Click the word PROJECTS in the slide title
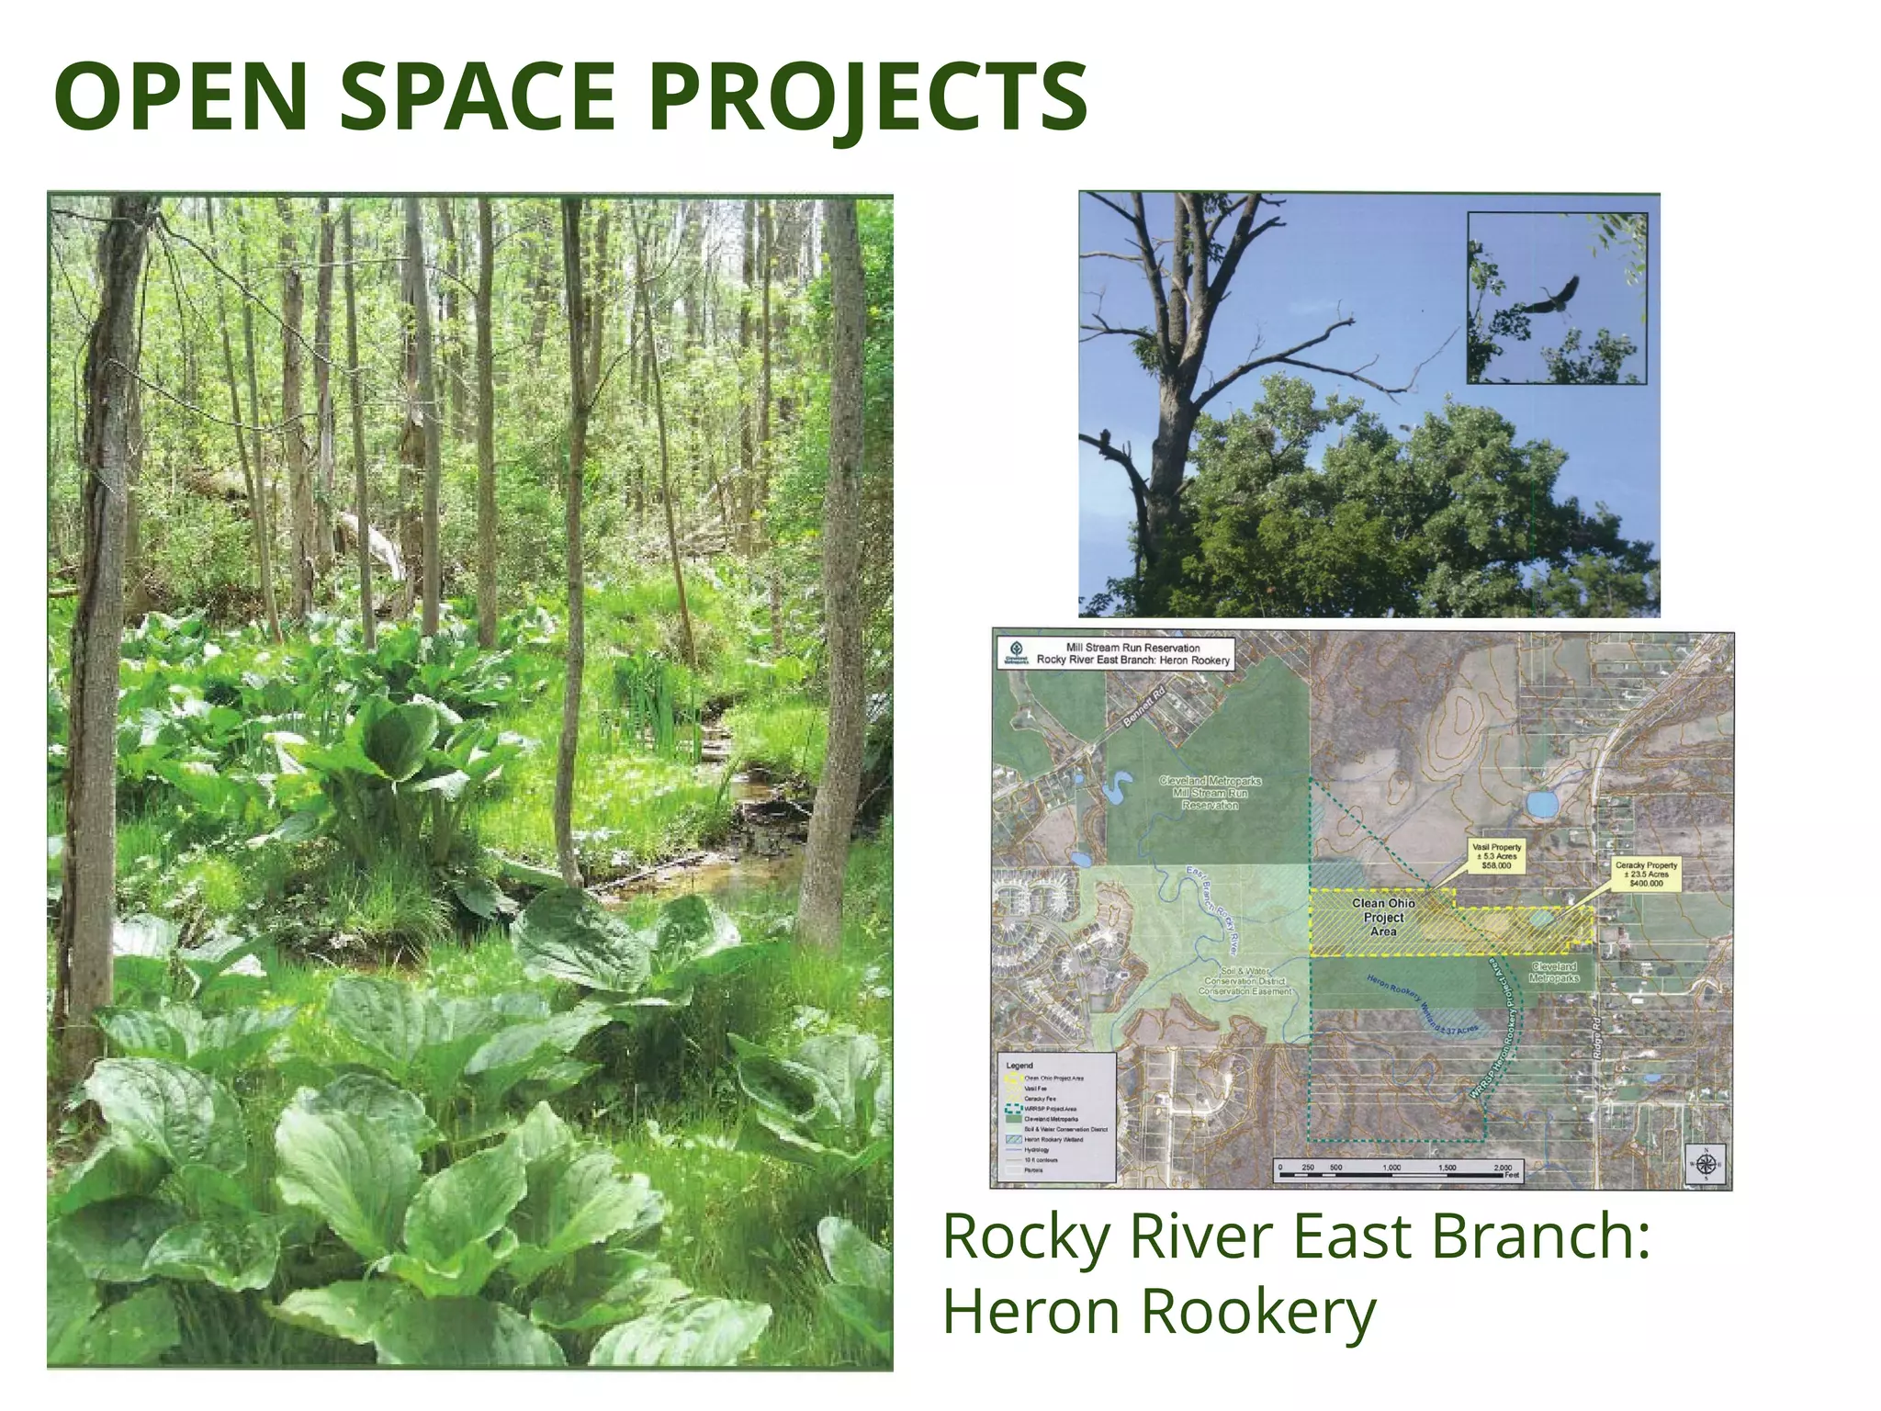point(868,96)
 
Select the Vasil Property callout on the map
point(1496,856)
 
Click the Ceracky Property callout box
point(1646,874)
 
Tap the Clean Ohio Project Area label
point(1383,917)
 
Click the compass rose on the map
point(1706,1165)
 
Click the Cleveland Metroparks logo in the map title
point(1016,653)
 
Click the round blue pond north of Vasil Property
point(1542,804)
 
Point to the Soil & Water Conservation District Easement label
point(1245,981)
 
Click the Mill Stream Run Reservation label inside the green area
point(1210,793)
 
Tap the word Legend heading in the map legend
point(1019,1066)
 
